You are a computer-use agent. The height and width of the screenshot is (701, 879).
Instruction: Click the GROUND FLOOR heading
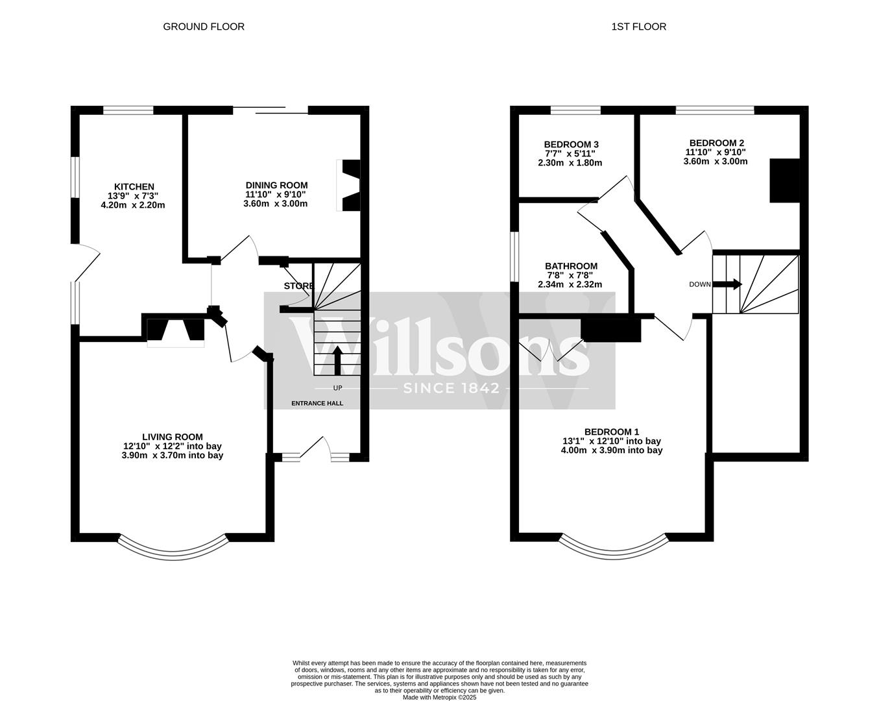(204, 27)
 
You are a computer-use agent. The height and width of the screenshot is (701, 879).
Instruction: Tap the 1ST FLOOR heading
(639, 27)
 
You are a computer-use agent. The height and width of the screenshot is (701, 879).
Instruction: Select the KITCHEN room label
(134, 187)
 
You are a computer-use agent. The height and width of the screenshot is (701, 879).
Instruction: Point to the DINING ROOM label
(276, 185)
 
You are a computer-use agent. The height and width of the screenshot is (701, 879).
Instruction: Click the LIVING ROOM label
(173, 437)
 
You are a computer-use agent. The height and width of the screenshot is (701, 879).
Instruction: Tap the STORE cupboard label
(299, 286)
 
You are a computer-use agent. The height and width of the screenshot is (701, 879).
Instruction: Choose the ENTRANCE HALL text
(317, 403)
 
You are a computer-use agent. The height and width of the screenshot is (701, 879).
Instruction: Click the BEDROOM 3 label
(571, 144)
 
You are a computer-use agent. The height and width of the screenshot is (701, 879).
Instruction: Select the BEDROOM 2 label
(716, 143)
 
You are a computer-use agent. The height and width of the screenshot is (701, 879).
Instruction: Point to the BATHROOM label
(571, 266)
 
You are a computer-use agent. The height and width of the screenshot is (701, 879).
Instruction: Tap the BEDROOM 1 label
(612, 432)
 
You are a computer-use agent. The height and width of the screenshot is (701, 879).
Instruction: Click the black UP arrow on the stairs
(337, 360)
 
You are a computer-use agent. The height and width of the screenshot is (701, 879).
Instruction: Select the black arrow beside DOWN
(727, 284)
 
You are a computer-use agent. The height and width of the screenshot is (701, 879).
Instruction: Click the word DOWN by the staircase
(700, 284)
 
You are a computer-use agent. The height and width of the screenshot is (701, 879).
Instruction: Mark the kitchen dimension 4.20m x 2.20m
(133, 204)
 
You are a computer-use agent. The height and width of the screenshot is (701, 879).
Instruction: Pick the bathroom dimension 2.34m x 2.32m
(570, 284)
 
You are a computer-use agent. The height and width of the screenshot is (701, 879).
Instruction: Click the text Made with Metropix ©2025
(440, 697)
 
